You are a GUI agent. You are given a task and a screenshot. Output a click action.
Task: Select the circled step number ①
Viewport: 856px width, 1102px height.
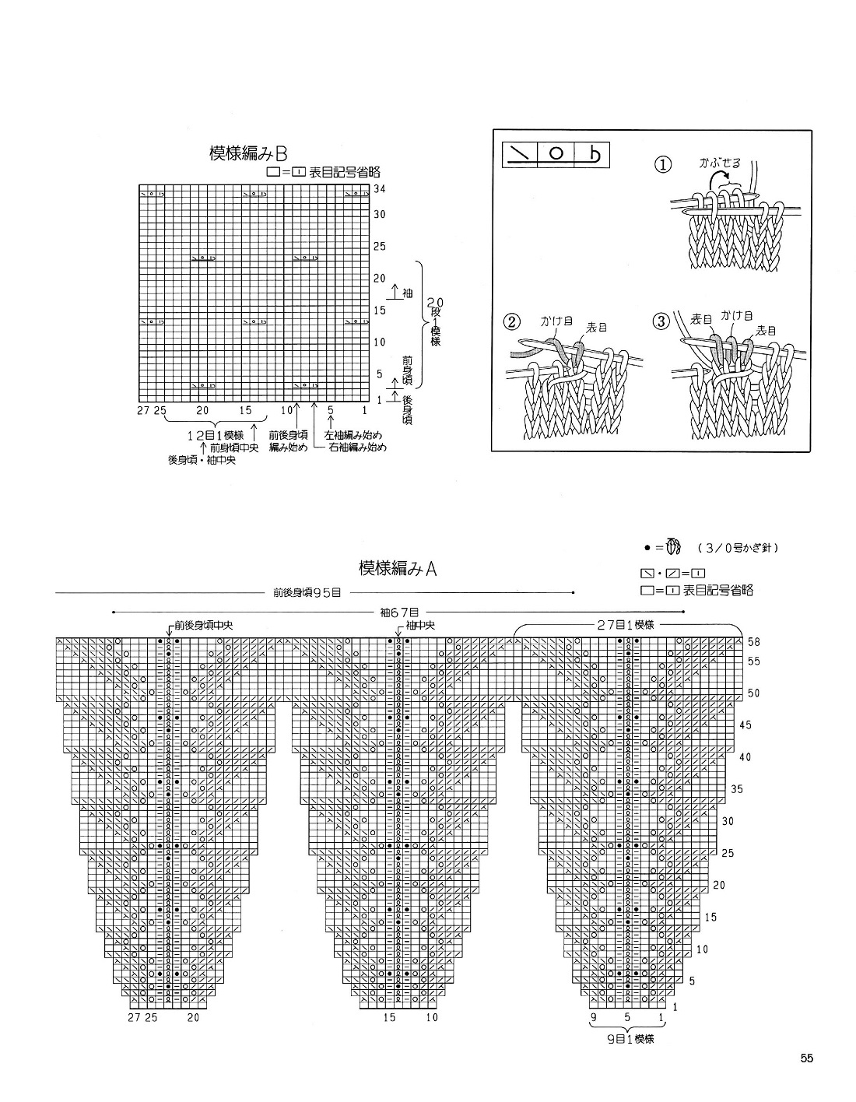662,165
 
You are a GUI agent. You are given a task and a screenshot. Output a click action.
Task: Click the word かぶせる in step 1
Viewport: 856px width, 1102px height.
720,163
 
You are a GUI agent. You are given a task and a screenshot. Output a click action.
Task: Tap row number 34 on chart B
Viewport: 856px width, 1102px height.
381,189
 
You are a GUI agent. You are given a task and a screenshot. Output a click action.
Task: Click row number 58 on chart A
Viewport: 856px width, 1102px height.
753,642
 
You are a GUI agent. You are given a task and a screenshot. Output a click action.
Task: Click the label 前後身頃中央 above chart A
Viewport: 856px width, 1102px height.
204,625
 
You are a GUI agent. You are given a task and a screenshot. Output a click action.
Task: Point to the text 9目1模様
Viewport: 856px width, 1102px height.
628,1038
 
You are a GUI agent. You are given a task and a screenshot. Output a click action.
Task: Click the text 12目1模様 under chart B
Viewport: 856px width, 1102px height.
218,434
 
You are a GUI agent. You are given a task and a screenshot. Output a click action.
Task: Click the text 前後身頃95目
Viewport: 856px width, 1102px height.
307,592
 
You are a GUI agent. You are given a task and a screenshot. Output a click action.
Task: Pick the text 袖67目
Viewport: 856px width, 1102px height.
396,612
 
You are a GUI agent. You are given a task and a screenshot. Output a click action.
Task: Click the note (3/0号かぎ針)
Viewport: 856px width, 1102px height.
738,549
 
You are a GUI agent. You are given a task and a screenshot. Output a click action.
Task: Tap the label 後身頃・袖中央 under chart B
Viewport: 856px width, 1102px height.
202,460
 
